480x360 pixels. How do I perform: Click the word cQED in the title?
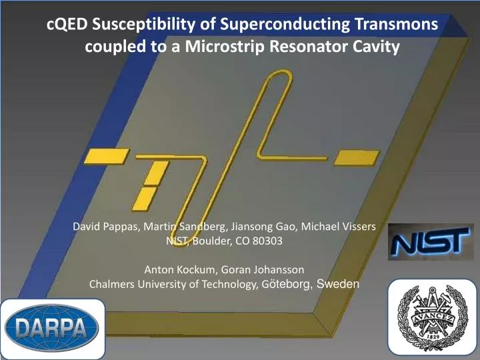69,25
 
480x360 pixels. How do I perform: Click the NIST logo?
431,241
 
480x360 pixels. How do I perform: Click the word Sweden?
338,283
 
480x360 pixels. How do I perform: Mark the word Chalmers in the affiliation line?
111,284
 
